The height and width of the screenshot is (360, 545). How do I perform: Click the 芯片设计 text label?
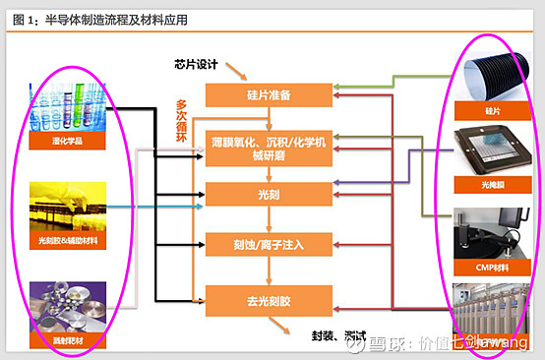click(x=193, y=66)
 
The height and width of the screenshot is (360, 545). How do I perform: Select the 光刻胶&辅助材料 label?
click(x=68, y=239)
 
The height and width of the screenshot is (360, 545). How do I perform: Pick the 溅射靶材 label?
click(x=68, y=340)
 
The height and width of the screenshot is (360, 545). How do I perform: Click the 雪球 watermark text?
click(x=385, y=344)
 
